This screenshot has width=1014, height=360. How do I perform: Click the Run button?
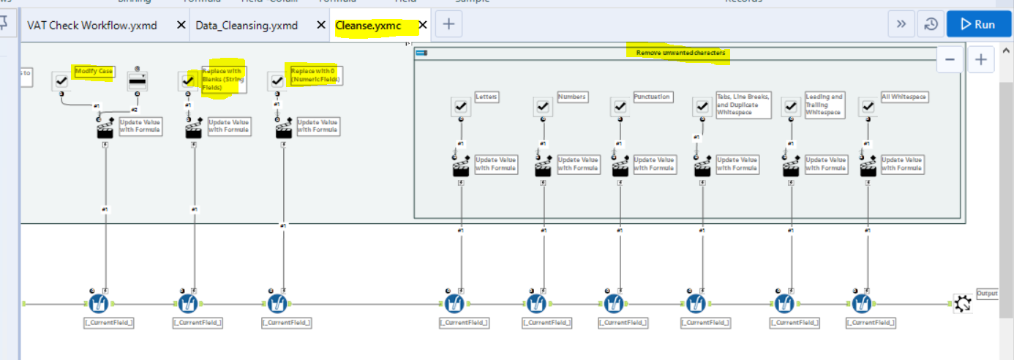coord(978,24)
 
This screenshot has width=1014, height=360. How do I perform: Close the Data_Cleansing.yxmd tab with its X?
coord(320,25)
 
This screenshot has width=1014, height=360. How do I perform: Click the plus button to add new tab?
coord(448,24)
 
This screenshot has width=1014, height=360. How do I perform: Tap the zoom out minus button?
coord(949,59)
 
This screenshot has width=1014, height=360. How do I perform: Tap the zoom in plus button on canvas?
coord(981,59)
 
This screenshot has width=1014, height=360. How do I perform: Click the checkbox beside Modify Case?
coord(61,81)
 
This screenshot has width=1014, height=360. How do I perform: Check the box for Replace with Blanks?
coord(188,81)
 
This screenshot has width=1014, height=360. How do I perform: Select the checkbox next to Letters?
coord(460,107)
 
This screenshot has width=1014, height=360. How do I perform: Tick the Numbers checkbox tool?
coord(542,107)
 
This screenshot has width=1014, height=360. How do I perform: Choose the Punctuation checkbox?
coord(619,107)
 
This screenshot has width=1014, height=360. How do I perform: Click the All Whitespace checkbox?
coord(868,107)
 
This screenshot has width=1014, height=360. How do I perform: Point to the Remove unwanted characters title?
coord(680,53)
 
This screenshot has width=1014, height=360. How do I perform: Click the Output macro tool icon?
coord(963,303)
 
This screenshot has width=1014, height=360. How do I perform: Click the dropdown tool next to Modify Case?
coord(138,81)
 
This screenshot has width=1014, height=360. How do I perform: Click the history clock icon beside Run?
coord(931,24)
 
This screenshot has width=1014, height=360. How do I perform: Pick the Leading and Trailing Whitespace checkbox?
coord(790,107)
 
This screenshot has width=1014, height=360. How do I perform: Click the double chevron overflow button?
coord(901,24)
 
